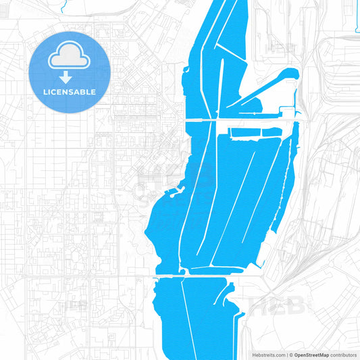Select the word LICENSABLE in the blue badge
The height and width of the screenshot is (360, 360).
pyautogui.click(x=70, y=92)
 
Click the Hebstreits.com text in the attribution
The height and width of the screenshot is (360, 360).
pyautogui.click(x=268, y=354)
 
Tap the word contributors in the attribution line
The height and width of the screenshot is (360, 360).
pyautogui.click(x=343, y=354)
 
